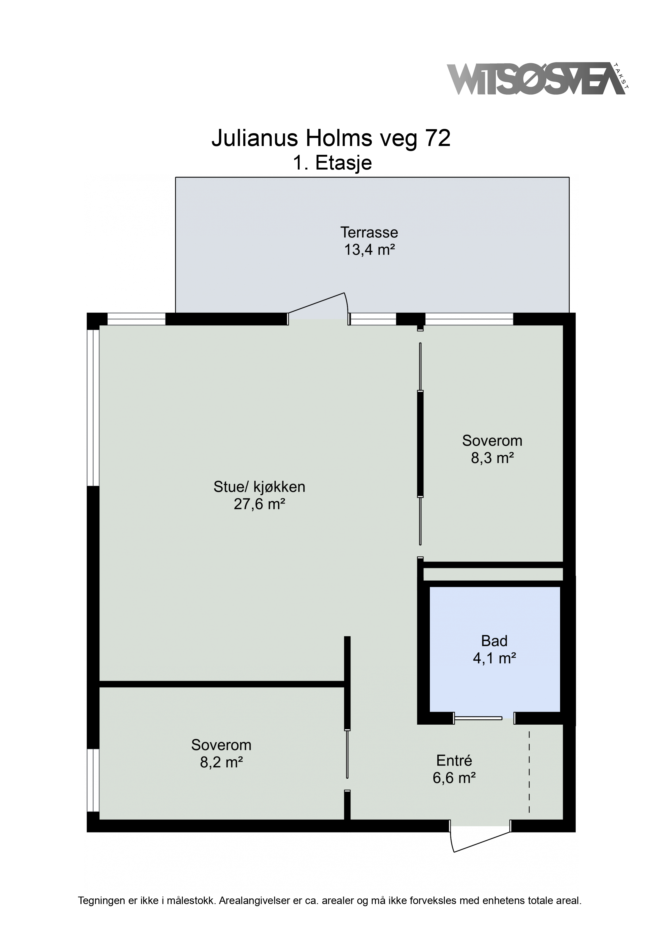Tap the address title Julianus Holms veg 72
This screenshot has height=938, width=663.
coord(331,139)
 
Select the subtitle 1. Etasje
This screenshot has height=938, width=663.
coord(332,163)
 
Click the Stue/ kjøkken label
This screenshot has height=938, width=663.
coord(259,487)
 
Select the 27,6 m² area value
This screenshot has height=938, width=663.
coord(259,504)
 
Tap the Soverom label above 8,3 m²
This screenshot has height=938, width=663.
coord(492,441)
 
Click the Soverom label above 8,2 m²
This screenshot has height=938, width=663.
coord(221,745)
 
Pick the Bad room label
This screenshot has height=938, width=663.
coord(494,641)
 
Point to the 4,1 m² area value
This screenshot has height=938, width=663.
coord(494,658)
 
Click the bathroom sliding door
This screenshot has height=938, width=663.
coord(478,718)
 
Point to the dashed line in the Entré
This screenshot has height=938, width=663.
coord(529,772)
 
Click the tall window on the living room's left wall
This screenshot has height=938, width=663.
coord(93,408)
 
